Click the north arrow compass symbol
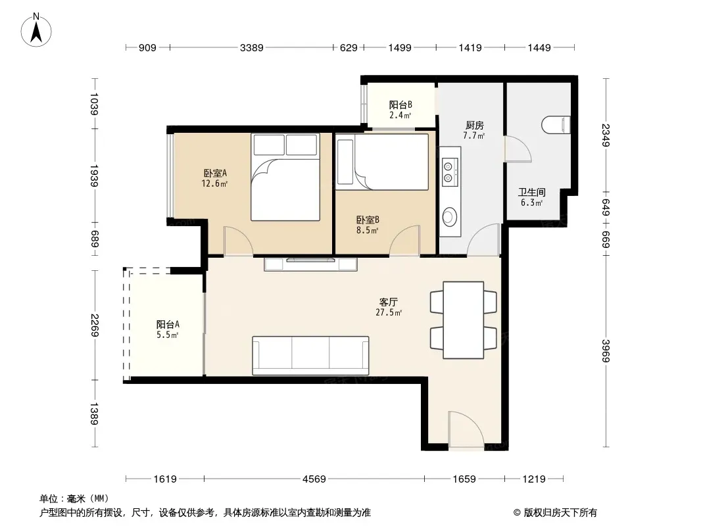(36, 30)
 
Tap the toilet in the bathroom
(556, 125)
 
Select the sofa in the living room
(310, 356)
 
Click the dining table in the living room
(463, 320)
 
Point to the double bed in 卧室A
(285, 177)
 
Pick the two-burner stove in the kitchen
(450, 172)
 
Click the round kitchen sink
(449, 217)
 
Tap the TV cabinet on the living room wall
(310, 264)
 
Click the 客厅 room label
(389, 302)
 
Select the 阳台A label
(168, 324)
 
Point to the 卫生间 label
(531, 192)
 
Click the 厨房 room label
(474, 125)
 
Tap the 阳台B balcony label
(400, 105)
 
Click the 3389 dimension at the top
(252, 47)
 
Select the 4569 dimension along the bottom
(314, 479)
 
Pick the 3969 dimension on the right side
(606, 351)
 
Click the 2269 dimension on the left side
(95, 325)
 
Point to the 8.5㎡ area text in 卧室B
(367, 231)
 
